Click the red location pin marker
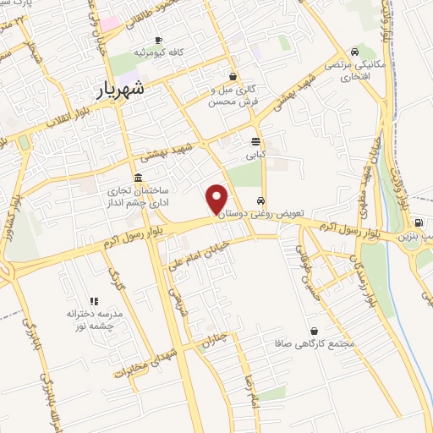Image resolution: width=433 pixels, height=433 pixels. pos(216,198)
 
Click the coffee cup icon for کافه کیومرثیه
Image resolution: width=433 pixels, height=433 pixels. pos(158,41)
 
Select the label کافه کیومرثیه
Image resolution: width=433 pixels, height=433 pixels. pos(159,53)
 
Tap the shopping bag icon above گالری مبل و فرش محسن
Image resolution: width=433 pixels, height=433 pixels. pos(233,76)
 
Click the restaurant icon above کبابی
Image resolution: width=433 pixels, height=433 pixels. pos(255,141)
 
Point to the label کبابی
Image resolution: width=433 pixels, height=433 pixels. pos(255,155)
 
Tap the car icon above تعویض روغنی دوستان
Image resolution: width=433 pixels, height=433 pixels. pos(261,201)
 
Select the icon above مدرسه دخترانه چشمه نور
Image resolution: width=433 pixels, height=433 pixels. pos(94,300)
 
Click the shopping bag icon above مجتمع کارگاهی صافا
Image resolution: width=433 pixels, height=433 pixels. pos(315,331)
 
